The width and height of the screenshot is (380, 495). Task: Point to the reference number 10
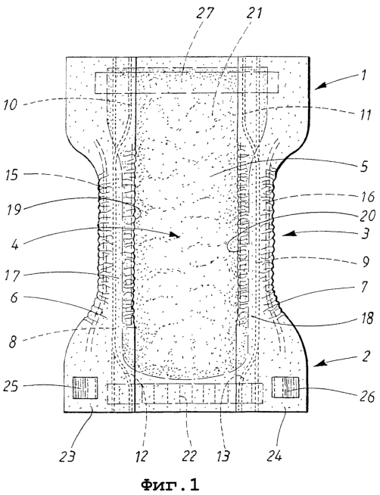coord(11,104)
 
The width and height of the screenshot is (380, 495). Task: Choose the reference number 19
coord(14,209)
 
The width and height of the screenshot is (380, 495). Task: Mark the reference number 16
coord(366,197)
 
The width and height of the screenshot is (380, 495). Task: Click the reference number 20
coord(366,216)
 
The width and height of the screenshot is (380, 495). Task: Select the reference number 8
coord(12,343)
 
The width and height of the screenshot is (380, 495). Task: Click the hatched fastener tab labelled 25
coord(86,388)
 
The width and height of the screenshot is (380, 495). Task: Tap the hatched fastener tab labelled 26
coord(285,388)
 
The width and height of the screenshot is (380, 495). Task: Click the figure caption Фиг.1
coord(170,484)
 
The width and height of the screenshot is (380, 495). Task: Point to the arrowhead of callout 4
coord(176,235)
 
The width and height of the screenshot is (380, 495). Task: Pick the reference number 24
coord(274,456)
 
